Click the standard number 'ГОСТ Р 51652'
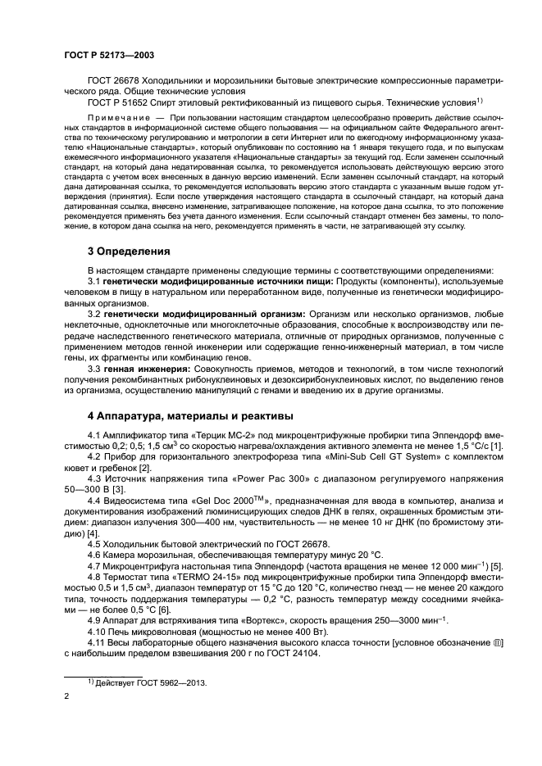pos(118,102)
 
